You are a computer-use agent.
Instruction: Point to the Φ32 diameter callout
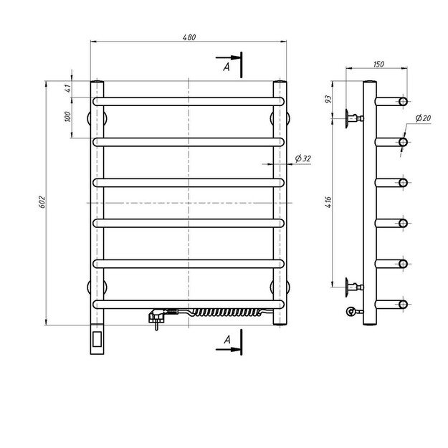[x=301, y=158]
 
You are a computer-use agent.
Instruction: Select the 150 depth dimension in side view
[x=379, y=65]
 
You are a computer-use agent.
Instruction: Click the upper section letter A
[x=227, y=66]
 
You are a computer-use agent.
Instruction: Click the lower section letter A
[x=227, y=338]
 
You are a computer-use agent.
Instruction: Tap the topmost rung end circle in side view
[x=404, y=102]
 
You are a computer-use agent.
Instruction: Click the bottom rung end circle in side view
[x=404, y=305]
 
